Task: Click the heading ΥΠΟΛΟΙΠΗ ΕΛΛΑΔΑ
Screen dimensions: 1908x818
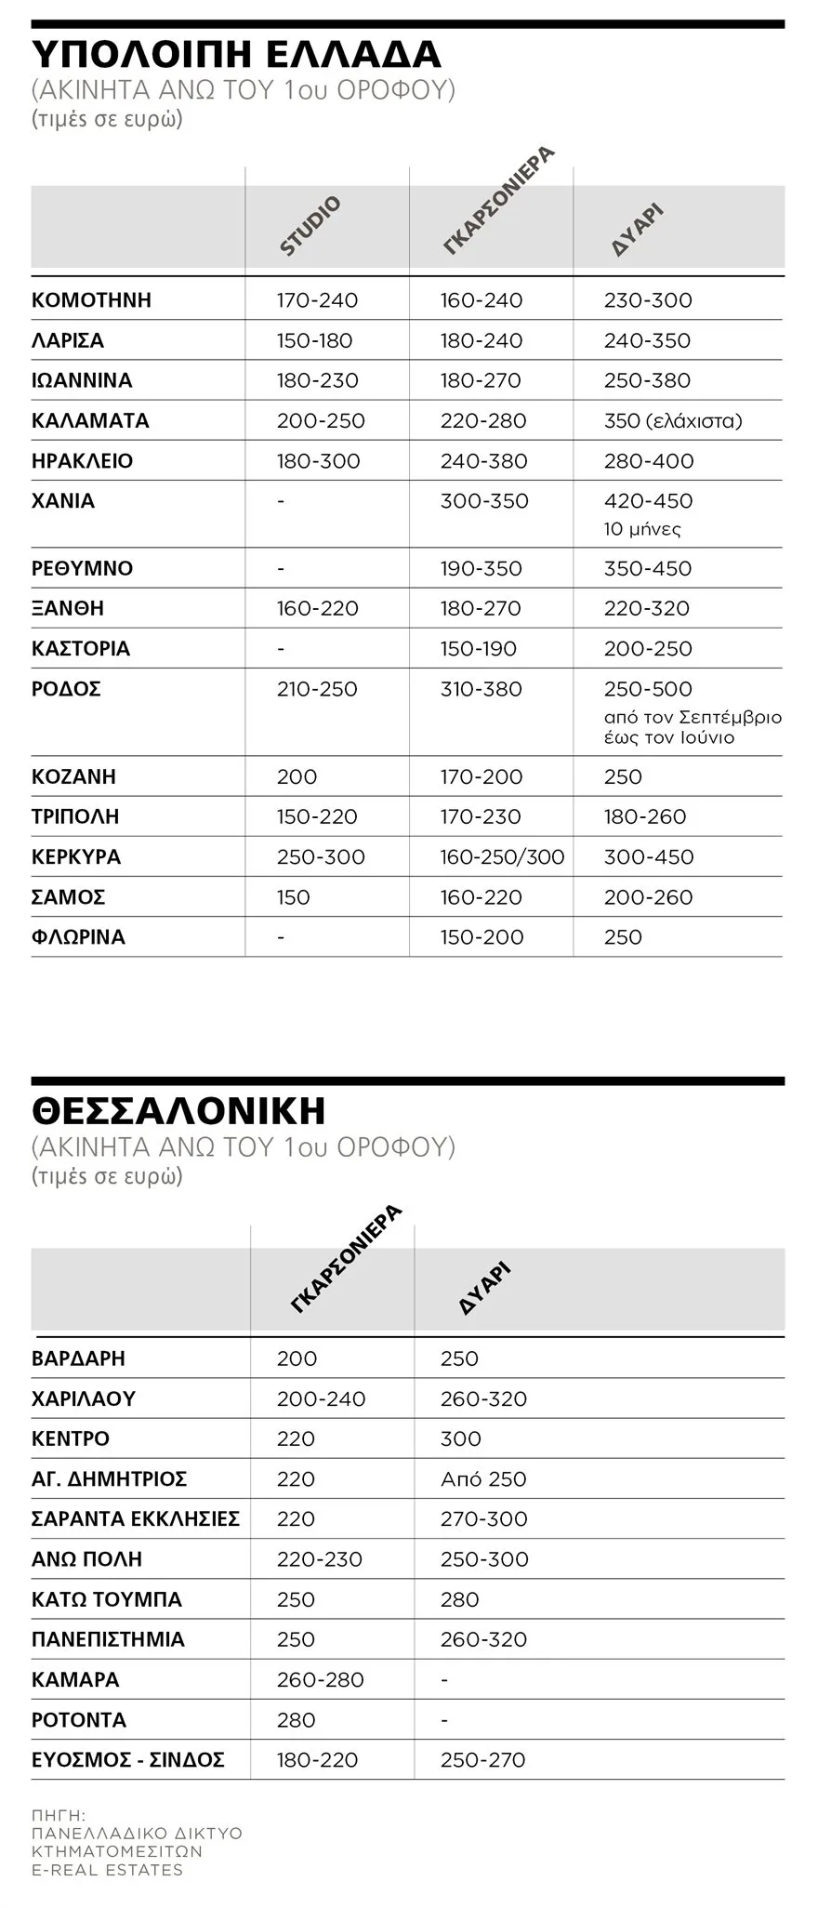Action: [236, 54]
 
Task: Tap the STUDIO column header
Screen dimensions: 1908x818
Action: [310, 226]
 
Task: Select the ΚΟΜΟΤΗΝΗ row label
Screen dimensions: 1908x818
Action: [91, 300]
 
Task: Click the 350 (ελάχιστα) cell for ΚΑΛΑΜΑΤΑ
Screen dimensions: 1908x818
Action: [673, 420]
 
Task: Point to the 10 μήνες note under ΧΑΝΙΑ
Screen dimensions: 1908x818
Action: [642, 529]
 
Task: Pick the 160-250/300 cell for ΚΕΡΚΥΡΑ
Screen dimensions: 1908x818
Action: [502, 856]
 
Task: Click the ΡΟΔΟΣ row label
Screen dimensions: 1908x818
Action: [66, 689]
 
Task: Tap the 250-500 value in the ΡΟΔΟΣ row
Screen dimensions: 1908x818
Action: [648, 689]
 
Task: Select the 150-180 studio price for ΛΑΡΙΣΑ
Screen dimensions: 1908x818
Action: [314, 340]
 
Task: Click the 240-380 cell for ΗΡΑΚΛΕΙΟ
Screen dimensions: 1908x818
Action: [483, 460]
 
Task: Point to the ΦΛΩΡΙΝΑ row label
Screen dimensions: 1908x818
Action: [78, 936]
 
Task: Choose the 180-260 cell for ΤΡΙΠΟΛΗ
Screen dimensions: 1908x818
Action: [645, 816]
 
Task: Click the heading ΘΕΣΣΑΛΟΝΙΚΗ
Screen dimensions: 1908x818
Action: [178, 1111]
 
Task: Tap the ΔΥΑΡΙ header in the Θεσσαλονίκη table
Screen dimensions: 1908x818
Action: [485, 1288]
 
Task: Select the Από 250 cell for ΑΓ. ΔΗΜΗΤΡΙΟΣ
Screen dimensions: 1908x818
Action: [483, 1478]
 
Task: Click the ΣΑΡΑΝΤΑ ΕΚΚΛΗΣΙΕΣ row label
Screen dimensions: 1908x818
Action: [136, 1518]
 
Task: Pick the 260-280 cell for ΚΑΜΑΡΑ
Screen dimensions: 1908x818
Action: [320, 1679]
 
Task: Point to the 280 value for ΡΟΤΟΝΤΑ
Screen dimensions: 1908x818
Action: [296, 1719]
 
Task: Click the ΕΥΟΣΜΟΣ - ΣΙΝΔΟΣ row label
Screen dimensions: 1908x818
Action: [128, 1759]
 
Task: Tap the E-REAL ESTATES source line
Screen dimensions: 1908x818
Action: [107, 1870]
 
